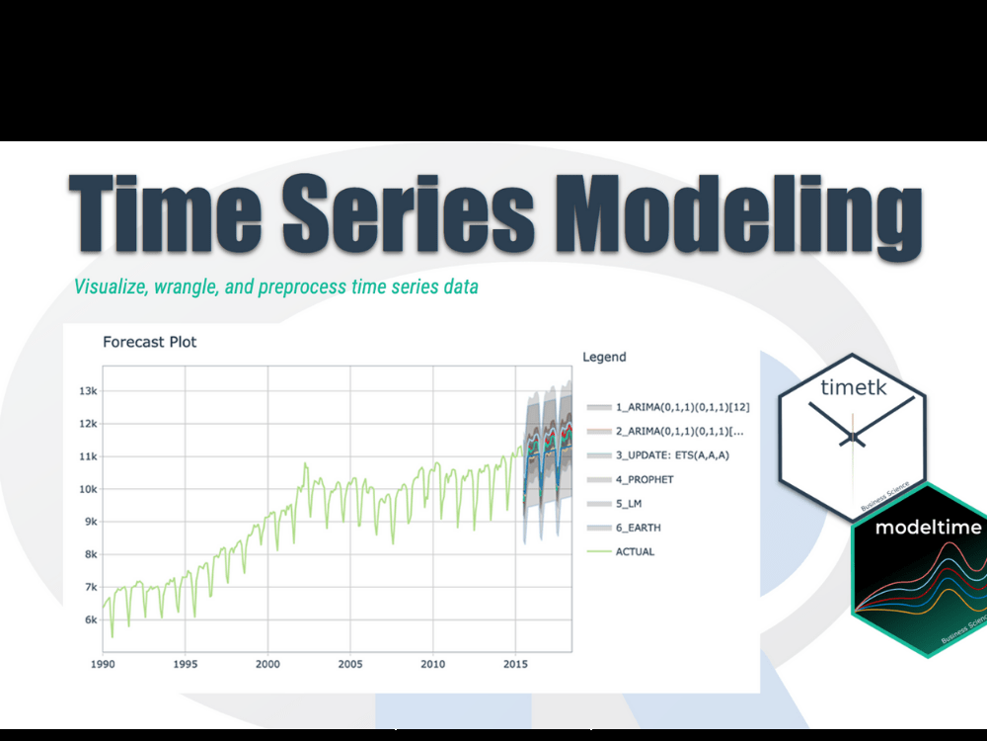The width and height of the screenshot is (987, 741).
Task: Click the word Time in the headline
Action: [x=168, y=214]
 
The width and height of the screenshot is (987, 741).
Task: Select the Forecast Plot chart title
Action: [x=149, y=342]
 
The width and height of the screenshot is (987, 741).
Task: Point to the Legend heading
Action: [x=604, y=357]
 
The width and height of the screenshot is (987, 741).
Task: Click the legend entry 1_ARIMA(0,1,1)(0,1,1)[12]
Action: [x=681, y=407]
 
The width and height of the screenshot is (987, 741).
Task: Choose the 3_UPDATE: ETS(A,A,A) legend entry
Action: [x=671, y=454]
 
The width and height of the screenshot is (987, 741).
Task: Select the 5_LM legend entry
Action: [x=629, y=503]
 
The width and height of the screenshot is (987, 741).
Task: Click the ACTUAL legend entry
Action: [x=635, y=551]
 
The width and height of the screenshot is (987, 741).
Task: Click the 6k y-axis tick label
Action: [x=91, y=619]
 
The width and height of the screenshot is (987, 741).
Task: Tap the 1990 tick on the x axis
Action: [x=103, y=663]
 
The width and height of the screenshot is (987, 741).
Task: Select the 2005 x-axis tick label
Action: [x=349, y=663]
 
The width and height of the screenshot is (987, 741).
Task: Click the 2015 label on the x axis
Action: [x=514, y=663]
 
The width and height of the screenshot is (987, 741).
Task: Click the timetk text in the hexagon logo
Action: [x=854, y=387]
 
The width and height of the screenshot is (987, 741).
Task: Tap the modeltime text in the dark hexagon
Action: [x=928, y=527]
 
